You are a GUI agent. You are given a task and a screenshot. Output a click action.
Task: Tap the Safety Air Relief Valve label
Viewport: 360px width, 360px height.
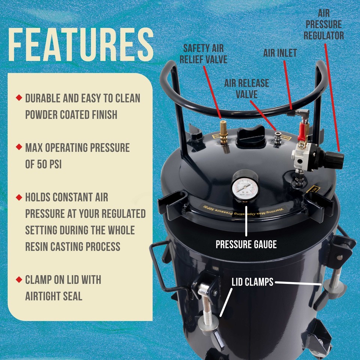tap(205, 54)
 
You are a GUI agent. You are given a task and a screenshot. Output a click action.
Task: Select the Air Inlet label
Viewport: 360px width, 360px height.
tap(280, 53)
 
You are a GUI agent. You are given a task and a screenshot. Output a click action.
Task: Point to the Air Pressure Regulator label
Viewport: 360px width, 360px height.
tap(324, 25)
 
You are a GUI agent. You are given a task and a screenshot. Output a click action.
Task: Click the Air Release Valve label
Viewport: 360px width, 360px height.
tap(246, 88)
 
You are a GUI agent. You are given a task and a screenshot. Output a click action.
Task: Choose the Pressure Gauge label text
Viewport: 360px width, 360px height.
tap(246, 244)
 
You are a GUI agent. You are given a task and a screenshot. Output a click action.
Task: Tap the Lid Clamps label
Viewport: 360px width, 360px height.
tap(252, 282)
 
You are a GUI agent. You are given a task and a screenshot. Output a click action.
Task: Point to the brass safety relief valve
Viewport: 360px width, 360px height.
tap(223, 132)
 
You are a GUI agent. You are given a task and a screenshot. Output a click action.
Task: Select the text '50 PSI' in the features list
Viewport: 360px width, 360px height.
tap(43, 165)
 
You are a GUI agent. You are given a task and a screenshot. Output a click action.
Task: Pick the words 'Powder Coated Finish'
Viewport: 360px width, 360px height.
tap(71, 115)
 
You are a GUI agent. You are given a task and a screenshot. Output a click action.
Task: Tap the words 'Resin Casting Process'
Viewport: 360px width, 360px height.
tap(73, 246)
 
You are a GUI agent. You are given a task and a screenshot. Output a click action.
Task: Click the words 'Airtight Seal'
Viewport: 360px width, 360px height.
tap(54, 296)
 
